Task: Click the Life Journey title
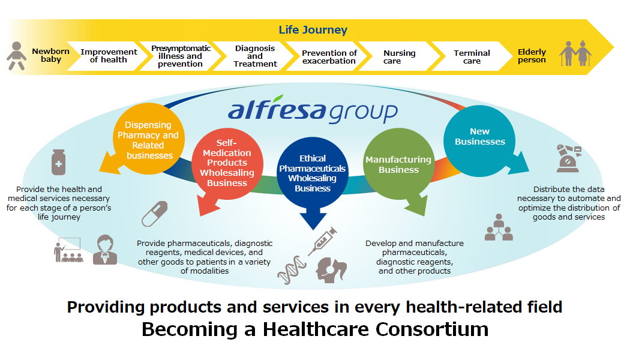(x=313, y=30)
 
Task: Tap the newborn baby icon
(x=16, y=56)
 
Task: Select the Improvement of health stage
(x=108, y=56)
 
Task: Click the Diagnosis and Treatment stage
(x=254, y=56)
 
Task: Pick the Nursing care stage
(x=399, y=56)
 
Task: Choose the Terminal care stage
(x=472, y=56)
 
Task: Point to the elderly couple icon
(x=575, y=53)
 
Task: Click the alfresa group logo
(x=313, y=109)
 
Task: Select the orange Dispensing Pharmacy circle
(x=148, y=139)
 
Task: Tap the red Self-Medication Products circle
(x=227, y=163)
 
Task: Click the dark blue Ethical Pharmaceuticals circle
(x=313, y=173)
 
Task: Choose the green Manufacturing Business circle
(x=399, y=164)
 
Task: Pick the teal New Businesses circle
(x=479, y=141)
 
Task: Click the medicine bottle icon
(x=59, y=162)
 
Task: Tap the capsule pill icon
(x=154, y=214)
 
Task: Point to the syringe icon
(x=322, y=242)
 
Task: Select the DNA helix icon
(x=292, y=270)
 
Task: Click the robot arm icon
(x=568, y=158)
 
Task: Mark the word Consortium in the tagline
(x=432, y=329)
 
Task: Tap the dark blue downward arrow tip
(x=313, y=230)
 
